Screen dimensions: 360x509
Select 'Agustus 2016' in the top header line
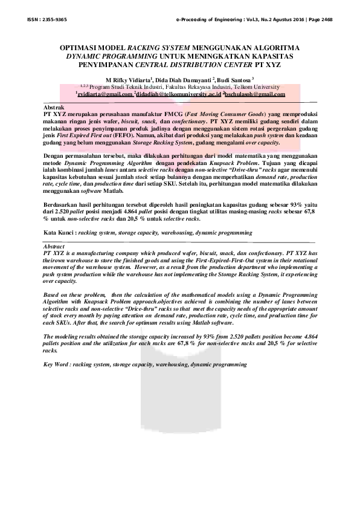(x=271, y=19)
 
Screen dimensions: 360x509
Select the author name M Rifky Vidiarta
(x=129, y=79)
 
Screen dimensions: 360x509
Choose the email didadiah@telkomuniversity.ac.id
(x=187, y=94)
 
